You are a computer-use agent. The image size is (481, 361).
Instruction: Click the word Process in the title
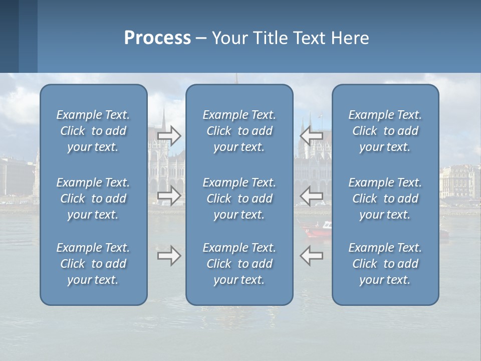click(157, 38)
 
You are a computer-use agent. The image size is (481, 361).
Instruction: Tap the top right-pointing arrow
click(169, 135)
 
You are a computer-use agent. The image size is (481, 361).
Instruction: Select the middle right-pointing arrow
click(169, 196)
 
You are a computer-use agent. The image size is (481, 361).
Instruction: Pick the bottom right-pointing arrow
click(169, 256)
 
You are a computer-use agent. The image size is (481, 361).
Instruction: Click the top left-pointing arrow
click(312, 135)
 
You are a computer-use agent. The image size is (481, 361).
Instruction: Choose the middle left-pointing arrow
click(312, 196)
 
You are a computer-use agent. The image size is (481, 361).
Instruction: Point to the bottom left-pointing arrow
click(312, 256)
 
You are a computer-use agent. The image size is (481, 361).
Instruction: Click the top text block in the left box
click(93, 131)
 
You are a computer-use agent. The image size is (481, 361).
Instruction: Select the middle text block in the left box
click(93, 199)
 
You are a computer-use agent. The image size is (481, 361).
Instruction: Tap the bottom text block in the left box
click(93, 264)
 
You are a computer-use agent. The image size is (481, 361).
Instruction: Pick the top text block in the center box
click(239, 131)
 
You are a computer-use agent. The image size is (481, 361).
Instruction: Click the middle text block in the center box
click(239, 199)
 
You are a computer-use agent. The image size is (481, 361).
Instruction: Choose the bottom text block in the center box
click(239, 264)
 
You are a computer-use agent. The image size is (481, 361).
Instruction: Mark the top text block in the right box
click(385, 131)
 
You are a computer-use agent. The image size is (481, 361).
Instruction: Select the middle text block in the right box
click(385, 199)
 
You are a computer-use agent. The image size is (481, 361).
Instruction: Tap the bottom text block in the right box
click(385, 264)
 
